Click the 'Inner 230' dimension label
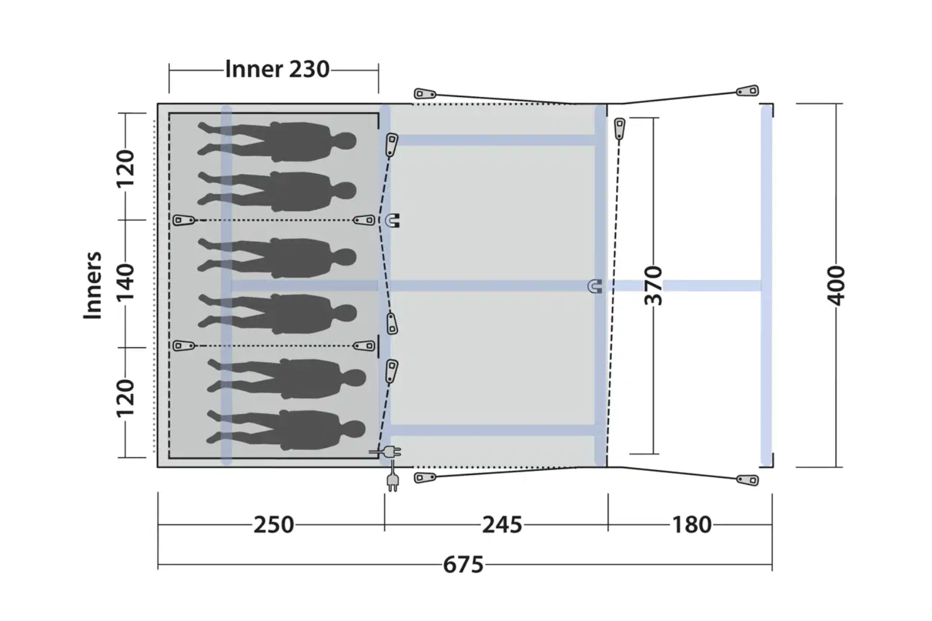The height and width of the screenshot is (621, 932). [x=277, y=69]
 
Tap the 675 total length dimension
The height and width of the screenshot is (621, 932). [x=463, y=565]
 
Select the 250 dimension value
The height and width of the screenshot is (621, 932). [x=274, y=525]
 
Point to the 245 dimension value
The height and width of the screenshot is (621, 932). [x=502, y=525]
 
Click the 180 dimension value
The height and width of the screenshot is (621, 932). [x=692, y=525]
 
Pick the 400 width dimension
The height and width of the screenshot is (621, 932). [x=836, y=286]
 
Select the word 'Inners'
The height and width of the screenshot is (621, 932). [x=92, y=285]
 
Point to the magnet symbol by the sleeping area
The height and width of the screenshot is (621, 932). [x=392, y=221]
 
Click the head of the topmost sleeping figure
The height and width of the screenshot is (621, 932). [x=345, y=141]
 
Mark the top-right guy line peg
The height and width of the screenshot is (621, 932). [x=747, y=90]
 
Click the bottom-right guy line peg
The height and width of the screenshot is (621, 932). [x=747, y=480]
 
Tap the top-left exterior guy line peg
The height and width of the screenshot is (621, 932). [x=425, y=94]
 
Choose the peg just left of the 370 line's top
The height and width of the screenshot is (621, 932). [x=620, y=129]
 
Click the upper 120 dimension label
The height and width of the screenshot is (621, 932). [x=125, y=169]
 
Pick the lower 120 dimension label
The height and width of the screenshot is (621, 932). [x=125, y=398]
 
